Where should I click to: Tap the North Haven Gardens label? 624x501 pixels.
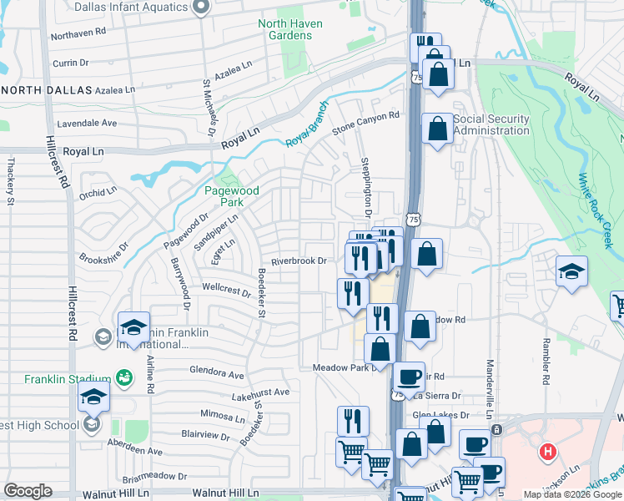pyautogui.click(x=290, y=29)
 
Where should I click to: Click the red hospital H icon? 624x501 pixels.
pyautogui.click(x=547, y=453)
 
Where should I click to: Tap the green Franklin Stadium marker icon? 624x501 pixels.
pyautogui.click(x=123, y=378)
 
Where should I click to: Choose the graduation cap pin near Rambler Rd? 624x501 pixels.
pyautogui.click(x=572, y=271)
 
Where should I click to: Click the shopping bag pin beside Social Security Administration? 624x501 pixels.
pyautogui.click(x=437, y=129)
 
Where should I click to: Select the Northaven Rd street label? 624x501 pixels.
pyautogui.click(x=78, y=34)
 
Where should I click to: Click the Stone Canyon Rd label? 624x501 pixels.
pyautogui.click(x=366, y=122)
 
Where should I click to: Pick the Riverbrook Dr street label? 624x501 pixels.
pyautogui.click(x=298, y=261)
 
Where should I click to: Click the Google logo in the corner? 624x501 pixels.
pyautogui.click(x=28, y=491)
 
